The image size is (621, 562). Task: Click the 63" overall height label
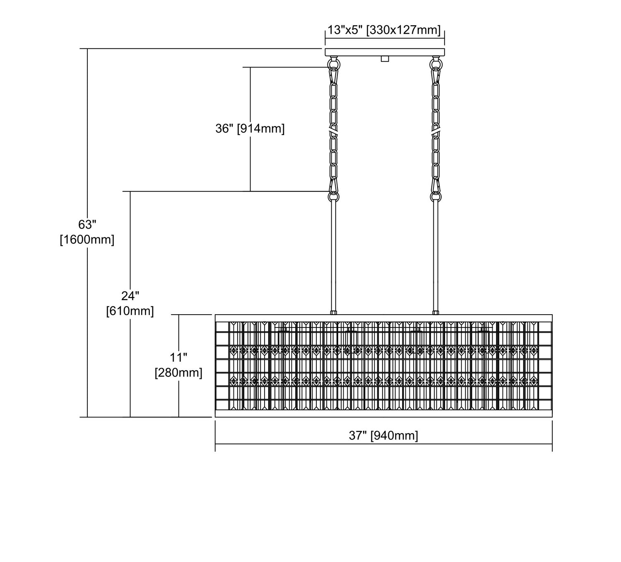point(87,225)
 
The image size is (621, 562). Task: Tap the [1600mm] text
point(87,239)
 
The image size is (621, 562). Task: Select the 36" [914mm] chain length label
point(250,128)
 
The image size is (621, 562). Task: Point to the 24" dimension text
point(130,296)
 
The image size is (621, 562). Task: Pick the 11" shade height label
point(178,357)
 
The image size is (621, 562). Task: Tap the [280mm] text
point(178,372)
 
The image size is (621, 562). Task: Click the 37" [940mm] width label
point(383,436)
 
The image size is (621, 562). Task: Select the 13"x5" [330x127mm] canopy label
point(384,30)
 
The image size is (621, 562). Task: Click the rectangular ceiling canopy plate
point(385,52)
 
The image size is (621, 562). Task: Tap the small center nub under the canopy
point(385,59)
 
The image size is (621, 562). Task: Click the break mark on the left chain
point(333,131)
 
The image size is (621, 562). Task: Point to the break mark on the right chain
point(436,131)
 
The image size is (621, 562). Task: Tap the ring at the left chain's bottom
point(333,196)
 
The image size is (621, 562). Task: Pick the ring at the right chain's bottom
point(436,196)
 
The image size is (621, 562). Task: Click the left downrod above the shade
point(333,256)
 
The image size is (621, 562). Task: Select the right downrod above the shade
point(436,256)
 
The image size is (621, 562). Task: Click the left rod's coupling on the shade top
point(333,313)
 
